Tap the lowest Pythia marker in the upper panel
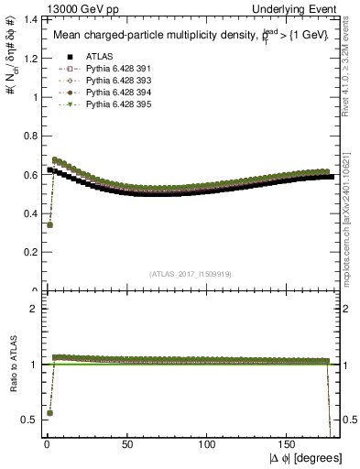coord(49,224)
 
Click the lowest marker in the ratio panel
coord(49,413)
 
